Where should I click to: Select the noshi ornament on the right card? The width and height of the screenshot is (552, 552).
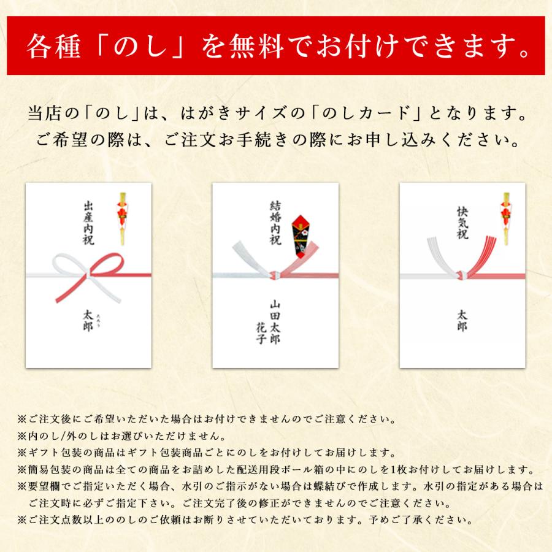click(x=507, y=218)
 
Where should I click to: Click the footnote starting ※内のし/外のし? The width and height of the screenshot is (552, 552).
click(x=121, y=437)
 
